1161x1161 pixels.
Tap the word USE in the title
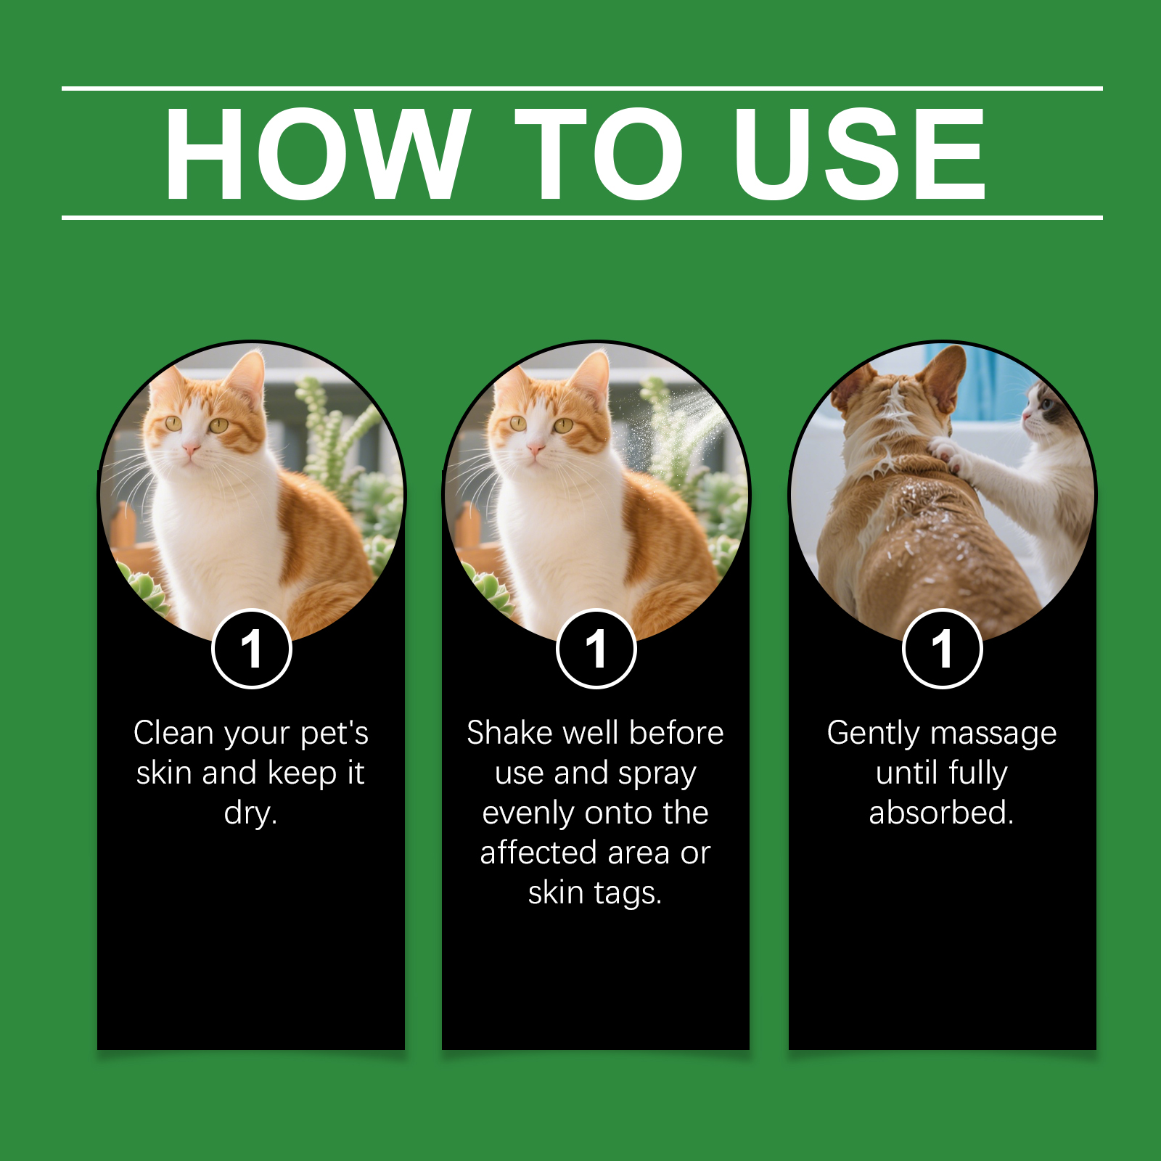[859, 153]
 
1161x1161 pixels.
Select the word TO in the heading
[599, 153]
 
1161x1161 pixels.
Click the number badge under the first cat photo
[252, 649]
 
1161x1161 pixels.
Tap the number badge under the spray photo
[596, 649]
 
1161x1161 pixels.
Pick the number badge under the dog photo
[943, 649]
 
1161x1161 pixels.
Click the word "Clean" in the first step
[173, 733]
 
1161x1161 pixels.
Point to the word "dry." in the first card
[251, 813]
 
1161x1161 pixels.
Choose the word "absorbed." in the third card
[942, 813]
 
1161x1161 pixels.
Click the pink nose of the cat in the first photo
[190, 450]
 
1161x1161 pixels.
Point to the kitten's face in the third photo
[1045, 411]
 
